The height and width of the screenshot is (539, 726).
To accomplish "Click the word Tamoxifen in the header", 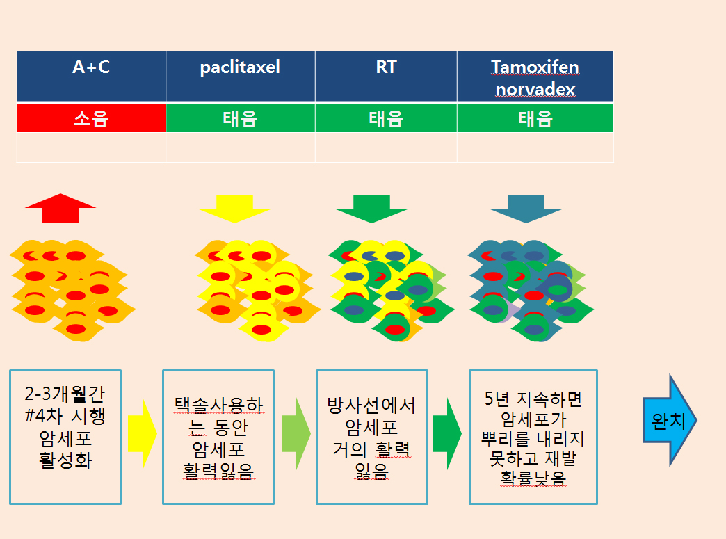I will coord(535,67).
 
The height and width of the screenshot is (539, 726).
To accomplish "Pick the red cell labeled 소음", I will coord(91,118).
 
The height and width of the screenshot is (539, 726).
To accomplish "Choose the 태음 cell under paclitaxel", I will coord(240,118).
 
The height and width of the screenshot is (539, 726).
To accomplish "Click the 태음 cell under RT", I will coord(386,118).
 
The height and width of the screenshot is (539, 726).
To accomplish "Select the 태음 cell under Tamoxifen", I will coord(535,118).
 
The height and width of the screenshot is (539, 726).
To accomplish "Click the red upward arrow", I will coord(60,208).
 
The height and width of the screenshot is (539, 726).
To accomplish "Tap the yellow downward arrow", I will coord(234,208).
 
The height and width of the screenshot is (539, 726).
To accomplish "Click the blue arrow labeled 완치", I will coord(668,421).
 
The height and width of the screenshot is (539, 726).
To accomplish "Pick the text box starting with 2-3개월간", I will coord(65,437).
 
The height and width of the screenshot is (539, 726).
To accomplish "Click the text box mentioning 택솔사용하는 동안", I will coord(218,437).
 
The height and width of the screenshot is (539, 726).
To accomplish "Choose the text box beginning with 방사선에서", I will coord(371,437).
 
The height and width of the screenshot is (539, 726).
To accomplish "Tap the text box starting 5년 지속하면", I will coord(533,437).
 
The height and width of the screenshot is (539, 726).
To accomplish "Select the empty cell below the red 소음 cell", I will coord(91,147).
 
